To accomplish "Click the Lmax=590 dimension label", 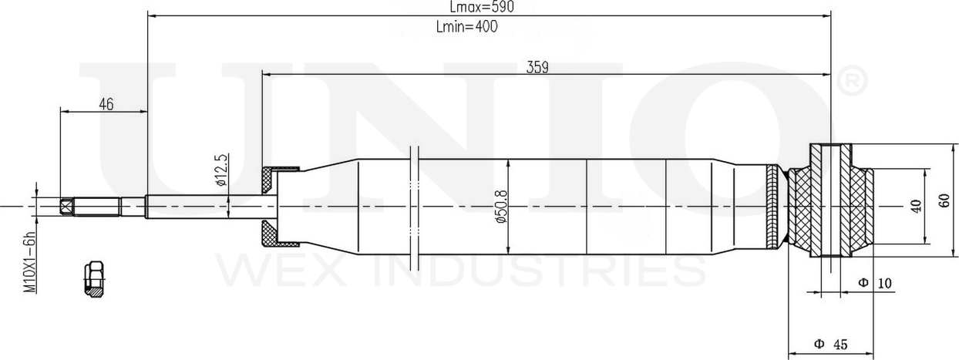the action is (482, 6).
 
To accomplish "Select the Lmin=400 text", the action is (467, 27).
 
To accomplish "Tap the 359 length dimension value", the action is (537, 67).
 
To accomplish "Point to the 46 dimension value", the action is (106, 104).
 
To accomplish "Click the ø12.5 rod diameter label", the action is (221, 170).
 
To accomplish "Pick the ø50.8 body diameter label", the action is (501, 207).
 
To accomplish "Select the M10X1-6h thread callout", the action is (29, 262).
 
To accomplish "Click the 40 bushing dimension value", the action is (916, 207).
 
